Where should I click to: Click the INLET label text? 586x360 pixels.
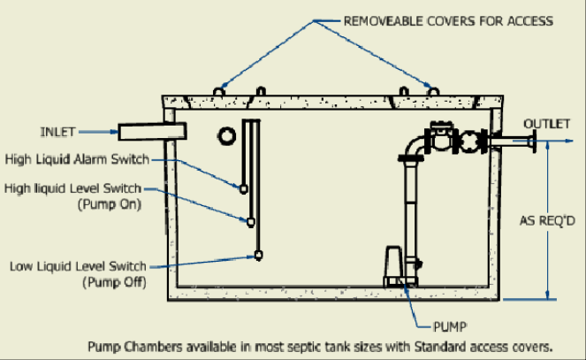59,133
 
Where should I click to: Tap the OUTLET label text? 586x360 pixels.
546,123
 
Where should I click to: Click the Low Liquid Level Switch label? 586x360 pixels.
77,265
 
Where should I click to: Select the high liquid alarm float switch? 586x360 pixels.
243,188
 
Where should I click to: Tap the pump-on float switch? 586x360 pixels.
250,221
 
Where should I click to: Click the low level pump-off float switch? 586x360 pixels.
258,256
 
